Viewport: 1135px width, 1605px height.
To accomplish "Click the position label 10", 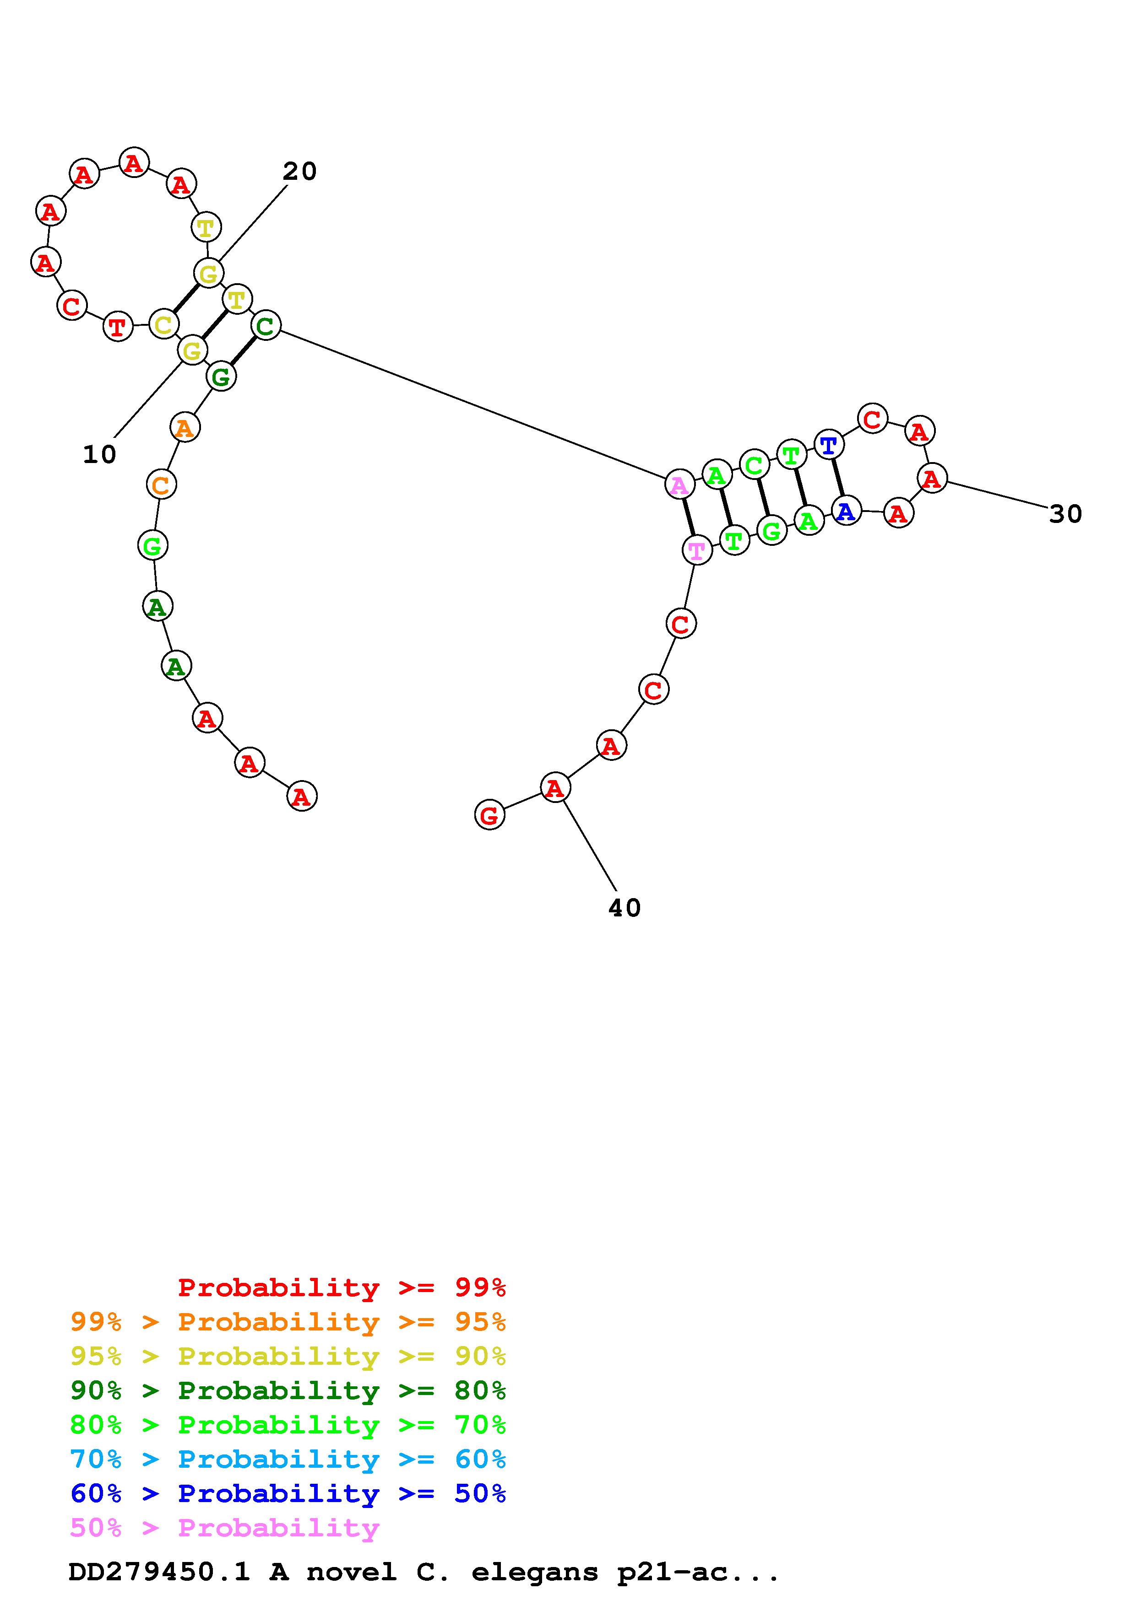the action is (x=99, y=455).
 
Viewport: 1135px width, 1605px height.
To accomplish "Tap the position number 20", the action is (x=299, y=171).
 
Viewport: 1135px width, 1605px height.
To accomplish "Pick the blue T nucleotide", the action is (x=829, y=445).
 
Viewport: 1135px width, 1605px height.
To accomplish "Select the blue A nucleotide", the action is (x=846, y=512).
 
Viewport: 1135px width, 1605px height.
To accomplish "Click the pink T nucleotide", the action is (x=696, y=550).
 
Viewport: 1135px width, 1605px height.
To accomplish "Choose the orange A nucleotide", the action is (x=185, y=427).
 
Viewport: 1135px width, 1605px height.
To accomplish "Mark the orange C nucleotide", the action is (x=161, y=485).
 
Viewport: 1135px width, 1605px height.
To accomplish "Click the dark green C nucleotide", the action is (x=265, y=325).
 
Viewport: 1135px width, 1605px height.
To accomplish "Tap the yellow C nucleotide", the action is (x=163, y=324).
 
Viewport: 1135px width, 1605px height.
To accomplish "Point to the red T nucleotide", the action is (x=118, y=327).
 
